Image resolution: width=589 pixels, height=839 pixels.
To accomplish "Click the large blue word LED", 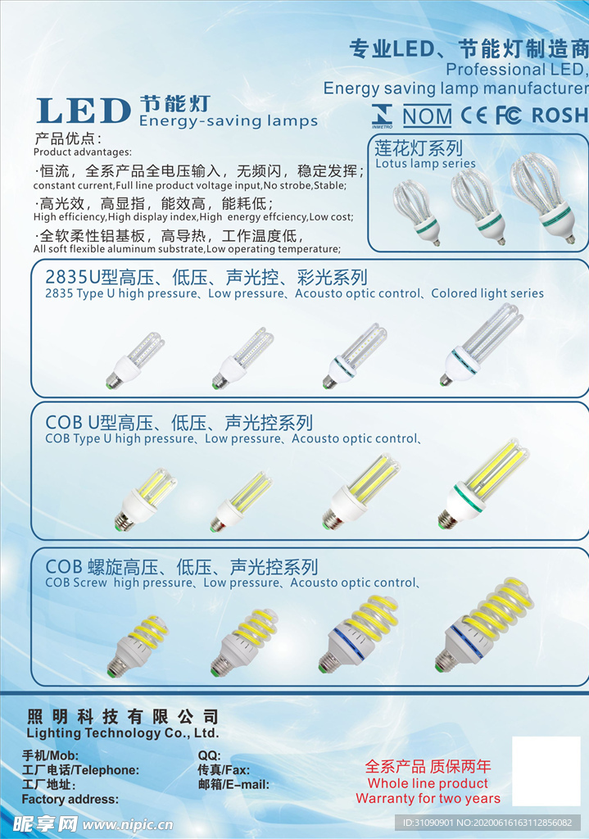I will [84, 111].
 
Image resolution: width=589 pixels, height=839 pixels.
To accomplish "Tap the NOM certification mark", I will [427, 116].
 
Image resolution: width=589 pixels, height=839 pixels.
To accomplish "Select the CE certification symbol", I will [473, 116].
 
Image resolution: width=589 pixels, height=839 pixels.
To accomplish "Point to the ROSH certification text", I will [560, 116].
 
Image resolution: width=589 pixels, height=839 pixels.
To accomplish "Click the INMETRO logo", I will [382, 116].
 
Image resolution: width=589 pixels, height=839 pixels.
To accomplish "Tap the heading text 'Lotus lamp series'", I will [425, 164].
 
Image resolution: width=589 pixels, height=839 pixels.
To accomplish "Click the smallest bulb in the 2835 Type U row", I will [135, 361].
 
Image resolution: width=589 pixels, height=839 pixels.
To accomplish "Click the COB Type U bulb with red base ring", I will [239, 501].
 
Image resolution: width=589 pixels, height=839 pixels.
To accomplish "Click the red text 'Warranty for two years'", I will [428, 798].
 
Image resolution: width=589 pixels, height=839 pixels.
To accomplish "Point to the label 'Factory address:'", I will [70, 799].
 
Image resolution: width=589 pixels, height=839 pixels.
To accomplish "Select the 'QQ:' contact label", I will [209, 755].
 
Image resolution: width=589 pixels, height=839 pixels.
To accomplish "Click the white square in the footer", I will [546, 771].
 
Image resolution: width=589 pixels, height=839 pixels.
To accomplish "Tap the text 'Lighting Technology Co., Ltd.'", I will [122, 733].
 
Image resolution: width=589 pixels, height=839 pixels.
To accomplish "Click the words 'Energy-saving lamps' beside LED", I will [228, 121].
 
